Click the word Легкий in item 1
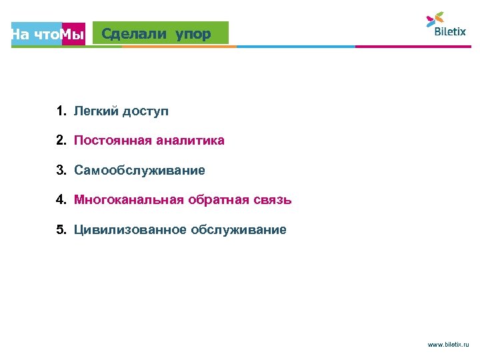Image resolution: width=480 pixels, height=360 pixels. pos(95,111)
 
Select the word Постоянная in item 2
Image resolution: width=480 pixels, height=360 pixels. pos(112,141)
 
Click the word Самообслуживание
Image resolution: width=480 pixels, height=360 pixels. pos(139,171)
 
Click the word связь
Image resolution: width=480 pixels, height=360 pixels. pos(271,199)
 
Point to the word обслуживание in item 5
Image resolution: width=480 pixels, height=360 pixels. pos(239,230)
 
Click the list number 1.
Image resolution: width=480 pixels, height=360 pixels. pos(61,111)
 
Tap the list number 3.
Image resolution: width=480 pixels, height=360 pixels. pos(61,171)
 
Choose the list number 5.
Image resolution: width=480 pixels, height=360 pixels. pos(61,230)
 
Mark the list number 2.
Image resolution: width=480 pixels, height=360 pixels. pos(61,141)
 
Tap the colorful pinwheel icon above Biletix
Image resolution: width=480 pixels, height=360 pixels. pos(435,18)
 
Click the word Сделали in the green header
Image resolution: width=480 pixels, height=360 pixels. pos(135,33)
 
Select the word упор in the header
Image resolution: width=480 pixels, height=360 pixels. pos(193,33)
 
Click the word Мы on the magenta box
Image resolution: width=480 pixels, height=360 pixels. pos(73,35)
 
